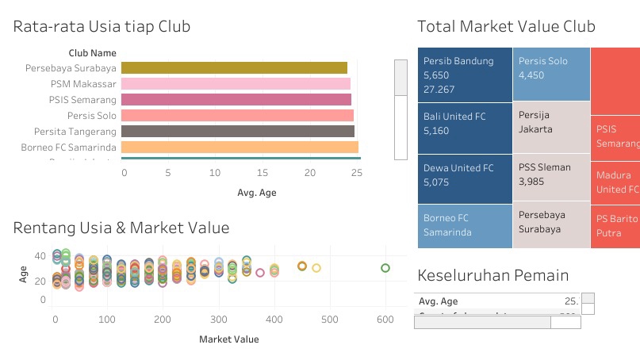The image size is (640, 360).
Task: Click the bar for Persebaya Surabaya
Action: tap(234, 68)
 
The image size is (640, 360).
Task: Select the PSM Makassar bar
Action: tap(236, 84)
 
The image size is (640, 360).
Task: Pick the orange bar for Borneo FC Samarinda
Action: tap(240, 147)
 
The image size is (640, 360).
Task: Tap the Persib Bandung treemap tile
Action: tap(465, 75)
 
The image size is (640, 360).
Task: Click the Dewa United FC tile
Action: tap(465, 178)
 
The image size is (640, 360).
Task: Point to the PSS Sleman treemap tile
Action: tap(551, 178)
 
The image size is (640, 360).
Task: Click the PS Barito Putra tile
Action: tap(615, 226)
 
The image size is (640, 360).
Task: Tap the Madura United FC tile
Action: tap(615, 182)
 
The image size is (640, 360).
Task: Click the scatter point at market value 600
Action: tap(385, 268)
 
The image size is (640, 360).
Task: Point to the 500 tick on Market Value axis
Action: tap(330, 319)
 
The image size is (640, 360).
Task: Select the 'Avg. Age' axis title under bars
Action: tap(257, 193)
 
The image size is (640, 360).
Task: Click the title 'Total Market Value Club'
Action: tap(506, 27)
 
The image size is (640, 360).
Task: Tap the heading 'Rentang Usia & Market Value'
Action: tap(121, 228)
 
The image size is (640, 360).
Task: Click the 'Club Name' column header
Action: tap(93, 53)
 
